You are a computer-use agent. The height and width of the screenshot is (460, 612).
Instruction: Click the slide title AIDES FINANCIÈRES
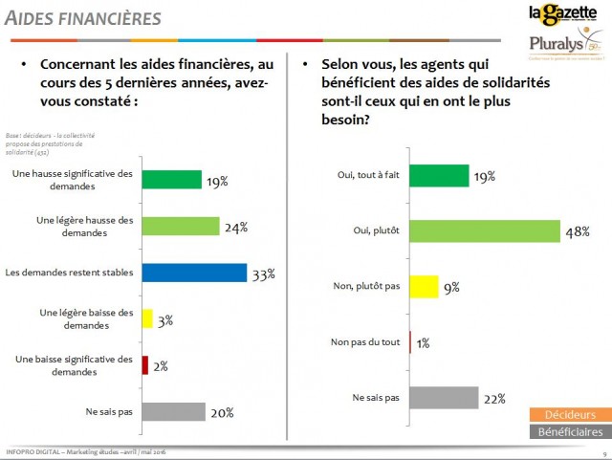click(x=84, y=19)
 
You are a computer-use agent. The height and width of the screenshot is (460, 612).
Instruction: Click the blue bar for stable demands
click(x=194, y=273)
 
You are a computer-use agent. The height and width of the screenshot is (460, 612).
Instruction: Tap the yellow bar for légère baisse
click(x=147, y=318)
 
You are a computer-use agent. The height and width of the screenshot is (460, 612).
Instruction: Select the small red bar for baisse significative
click(x=145, y=364)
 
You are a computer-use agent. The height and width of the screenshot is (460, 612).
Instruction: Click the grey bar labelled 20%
click(x=173, y=411)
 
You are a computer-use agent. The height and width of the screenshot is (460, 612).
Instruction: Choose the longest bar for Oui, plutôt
click(x=484, y=231)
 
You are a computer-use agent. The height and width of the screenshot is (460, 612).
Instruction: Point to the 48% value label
click(x=578, y=232)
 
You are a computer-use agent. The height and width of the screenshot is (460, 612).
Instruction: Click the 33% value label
click(x=262, y=274)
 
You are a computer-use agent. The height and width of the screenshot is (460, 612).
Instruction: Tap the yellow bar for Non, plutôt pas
click(x=424, y=286)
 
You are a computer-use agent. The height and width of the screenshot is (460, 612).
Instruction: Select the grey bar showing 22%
click(x=443, y=397)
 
